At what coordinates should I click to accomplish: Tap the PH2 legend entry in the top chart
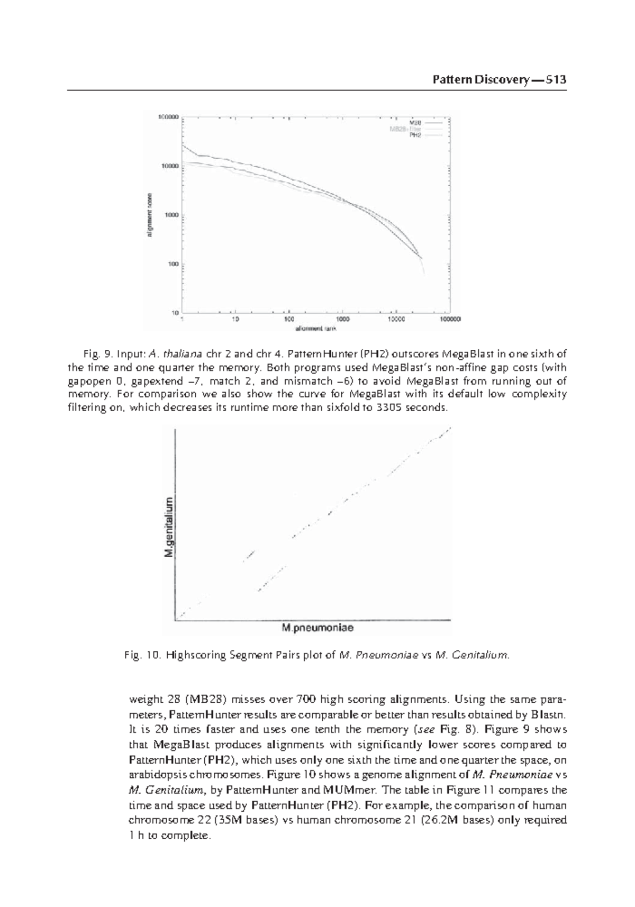tap(415, 135)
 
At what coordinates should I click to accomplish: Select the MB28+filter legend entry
tap(406, 129)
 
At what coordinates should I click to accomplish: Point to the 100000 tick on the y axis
tap(168, 117)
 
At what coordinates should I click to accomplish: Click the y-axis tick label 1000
tap(171, 215)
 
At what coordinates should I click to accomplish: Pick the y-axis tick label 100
tap(173, 264)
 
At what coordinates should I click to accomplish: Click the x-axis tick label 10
tap(235, 320)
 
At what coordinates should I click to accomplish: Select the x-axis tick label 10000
tap(395, 320)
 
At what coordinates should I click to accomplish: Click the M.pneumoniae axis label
tap(317, 629)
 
